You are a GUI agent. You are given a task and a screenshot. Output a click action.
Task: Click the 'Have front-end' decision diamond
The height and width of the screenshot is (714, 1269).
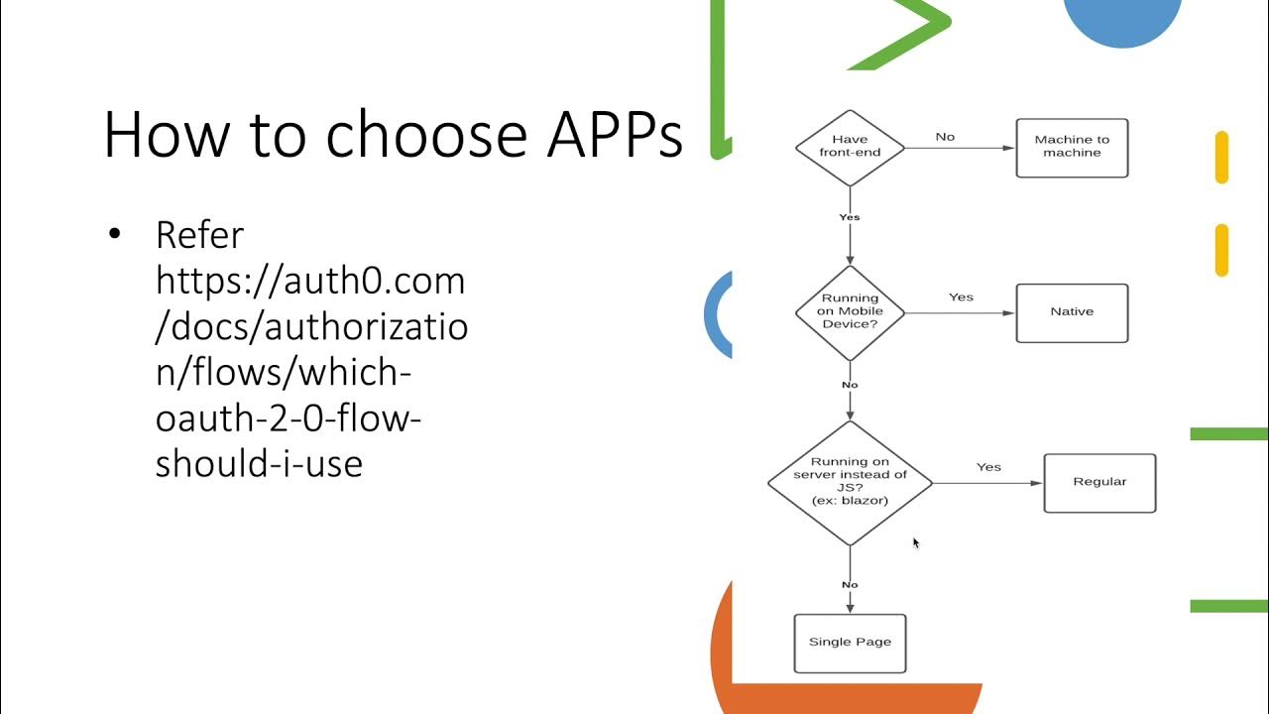point(850,147)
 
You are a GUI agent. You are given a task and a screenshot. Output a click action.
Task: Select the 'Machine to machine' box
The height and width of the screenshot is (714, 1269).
point(1072,148)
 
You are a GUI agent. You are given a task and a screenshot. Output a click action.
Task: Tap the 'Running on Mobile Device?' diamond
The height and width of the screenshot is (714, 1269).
point(850,311)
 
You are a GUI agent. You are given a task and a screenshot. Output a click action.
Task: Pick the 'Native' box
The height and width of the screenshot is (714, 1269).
point(1072,312)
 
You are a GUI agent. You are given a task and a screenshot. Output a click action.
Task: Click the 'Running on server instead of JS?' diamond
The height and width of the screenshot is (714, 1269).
point(850,482)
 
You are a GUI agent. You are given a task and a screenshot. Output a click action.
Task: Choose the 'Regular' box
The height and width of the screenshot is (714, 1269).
point(1099,483)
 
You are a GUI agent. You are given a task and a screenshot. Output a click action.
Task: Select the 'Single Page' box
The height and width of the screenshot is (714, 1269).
point(850,643)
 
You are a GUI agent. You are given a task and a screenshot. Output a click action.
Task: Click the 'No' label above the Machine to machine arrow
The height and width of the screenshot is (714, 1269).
point(945,137)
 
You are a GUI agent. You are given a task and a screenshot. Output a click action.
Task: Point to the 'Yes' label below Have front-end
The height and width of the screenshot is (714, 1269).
point(850,217)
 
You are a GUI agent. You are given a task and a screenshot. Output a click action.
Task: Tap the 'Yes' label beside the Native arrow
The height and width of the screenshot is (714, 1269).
point(961,297)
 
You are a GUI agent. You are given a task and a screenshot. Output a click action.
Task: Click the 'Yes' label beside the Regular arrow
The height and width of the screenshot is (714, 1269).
point(988,467)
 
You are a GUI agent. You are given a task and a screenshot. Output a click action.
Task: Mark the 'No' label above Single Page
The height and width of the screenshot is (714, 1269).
point(850,585)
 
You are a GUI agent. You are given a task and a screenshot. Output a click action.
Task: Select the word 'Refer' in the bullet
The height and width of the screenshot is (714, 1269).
point(199,236)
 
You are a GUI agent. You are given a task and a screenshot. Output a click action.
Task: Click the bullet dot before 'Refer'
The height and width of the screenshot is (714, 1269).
point(114,235)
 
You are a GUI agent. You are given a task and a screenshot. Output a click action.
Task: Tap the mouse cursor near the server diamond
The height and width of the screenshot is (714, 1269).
point(915,542)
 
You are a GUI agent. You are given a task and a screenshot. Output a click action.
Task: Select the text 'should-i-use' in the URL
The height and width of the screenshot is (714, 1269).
point(259,463)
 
